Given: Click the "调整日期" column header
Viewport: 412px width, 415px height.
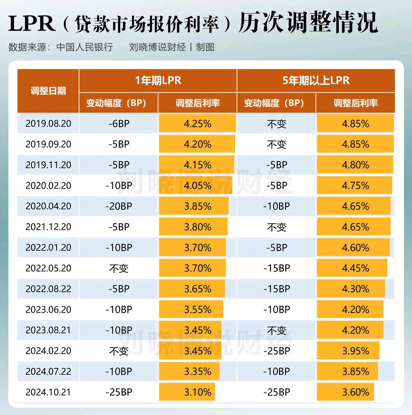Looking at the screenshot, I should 48,91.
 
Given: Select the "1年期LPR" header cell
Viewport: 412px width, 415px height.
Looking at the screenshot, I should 158,80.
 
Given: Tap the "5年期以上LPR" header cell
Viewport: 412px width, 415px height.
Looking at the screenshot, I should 316,80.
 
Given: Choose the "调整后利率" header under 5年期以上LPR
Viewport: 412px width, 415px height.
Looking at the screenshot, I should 355,103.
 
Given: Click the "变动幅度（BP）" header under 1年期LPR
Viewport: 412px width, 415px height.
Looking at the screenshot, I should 118,103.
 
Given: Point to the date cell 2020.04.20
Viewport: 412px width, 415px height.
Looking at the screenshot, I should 48,206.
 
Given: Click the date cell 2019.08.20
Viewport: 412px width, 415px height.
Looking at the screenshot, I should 48,124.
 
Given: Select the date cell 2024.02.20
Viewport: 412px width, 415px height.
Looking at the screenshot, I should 48,351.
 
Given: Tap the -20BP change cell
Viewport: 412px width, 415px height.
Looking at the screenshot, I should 119,206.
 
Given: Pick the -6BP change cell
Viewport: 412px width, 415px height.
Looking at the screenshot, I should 119,124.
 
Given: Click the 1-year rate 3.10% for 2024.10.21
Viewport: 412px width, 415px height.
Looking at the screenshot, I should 198,392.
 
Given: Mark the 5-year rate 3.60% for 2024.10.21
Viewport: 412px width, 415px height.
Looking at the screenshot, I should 355,392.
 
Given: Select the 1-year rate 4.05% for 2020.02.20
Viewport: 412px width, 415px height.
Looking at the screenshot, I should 198,185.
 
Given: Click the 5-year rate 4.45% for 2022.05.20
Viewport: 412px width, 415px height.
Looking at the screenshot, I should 355,268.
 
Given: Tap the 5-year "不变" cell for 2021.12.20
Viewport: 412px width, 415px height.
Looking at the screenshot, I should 276,227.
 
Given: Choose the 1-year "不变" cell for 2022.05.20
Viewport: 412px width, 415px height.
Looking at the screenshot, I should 119,268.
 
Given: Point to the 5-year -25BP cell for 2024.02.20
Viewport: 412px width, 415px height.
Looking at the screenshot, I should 276,351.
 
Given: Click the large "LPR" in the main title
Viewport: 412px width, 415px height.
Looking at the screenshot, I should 32,24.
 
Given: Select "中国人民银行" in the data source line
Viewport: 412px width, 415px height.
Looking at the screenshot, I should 85,47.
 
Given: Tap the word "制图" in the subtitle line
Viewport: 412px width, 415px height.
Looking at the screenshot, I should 205,47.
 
